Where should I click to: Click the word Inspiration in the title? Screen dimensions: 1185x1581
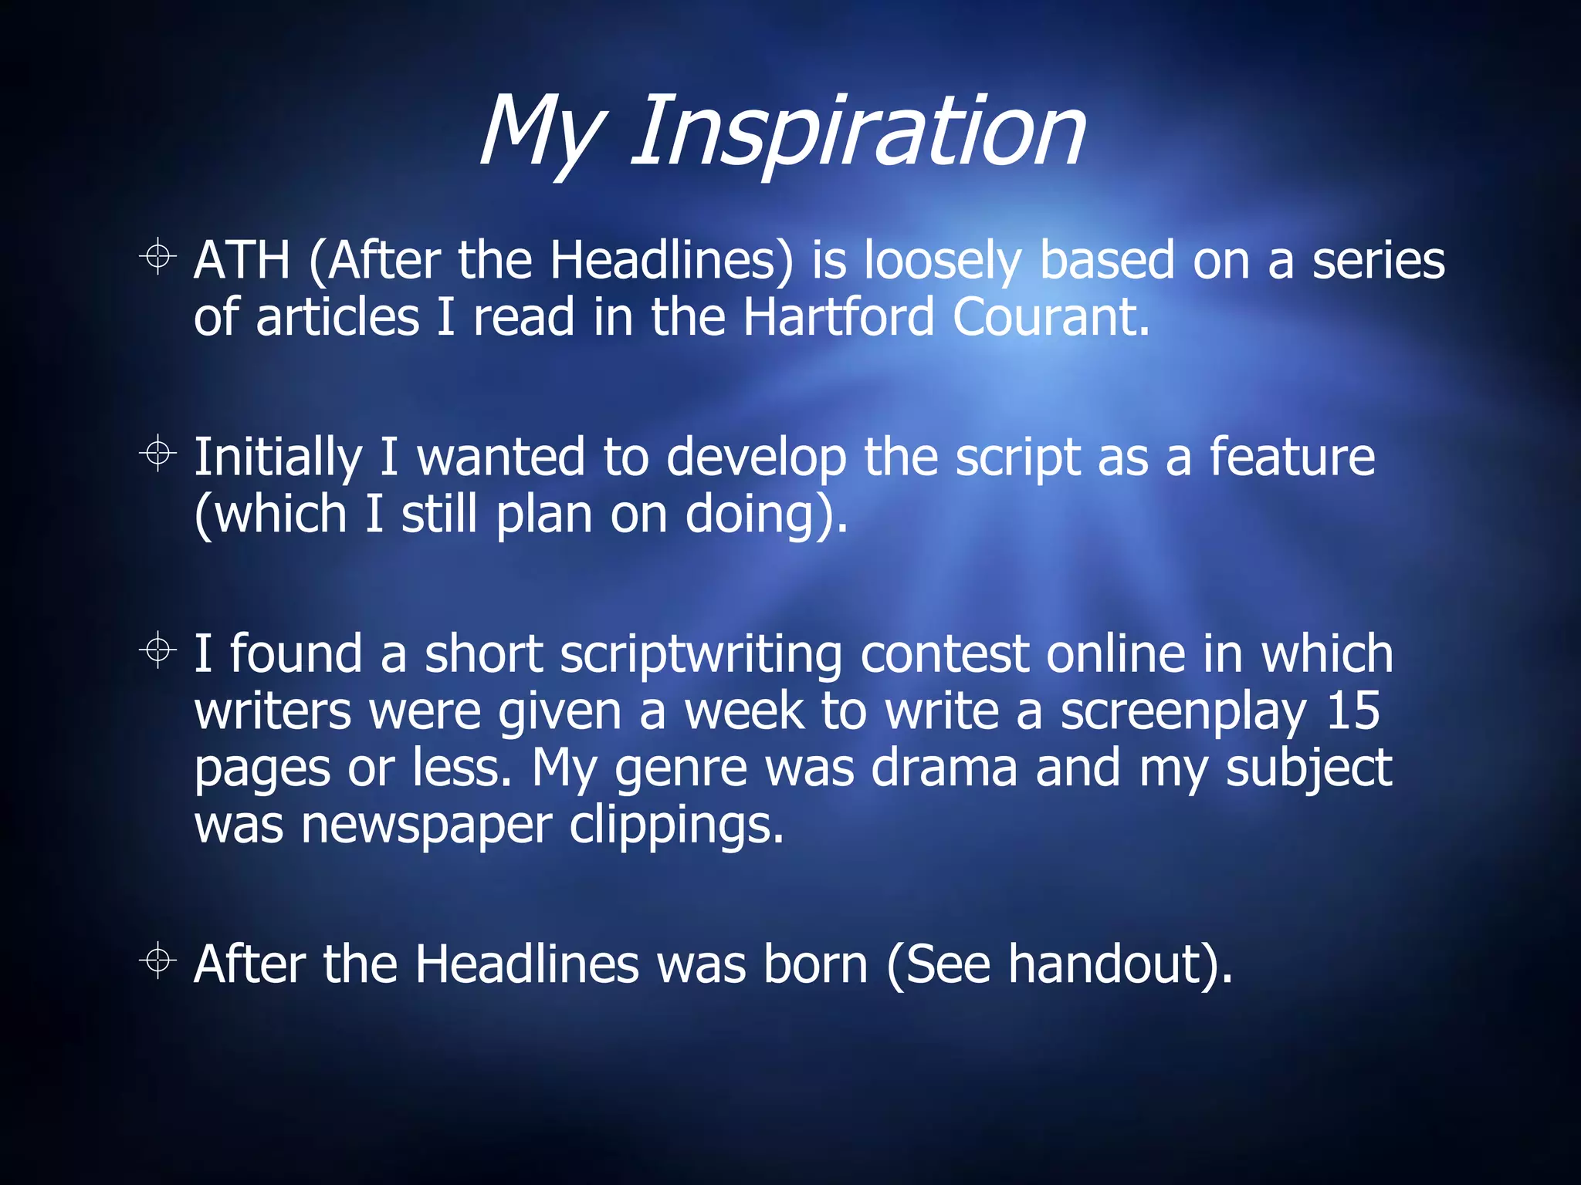point(858,131)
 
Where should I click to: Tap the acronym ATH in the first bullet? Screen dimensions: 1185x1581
point(241,260)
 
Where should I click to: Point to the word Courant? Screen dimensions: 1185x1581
point(1050,317)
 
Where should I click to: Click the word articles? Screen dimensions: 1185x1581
point(337,317)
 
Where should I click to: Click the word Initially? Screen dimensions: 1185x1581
point(277,458)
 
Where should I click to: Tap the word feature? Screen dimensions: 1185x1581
point(1292,457)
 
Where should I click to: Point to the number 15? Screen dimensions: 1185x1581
point(1352,711)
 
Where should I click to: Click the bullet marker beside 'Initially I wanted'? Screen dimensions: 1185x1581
point(158,453)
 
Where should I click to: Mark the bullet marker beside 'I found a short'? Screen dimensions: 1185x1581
point(158,650)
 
